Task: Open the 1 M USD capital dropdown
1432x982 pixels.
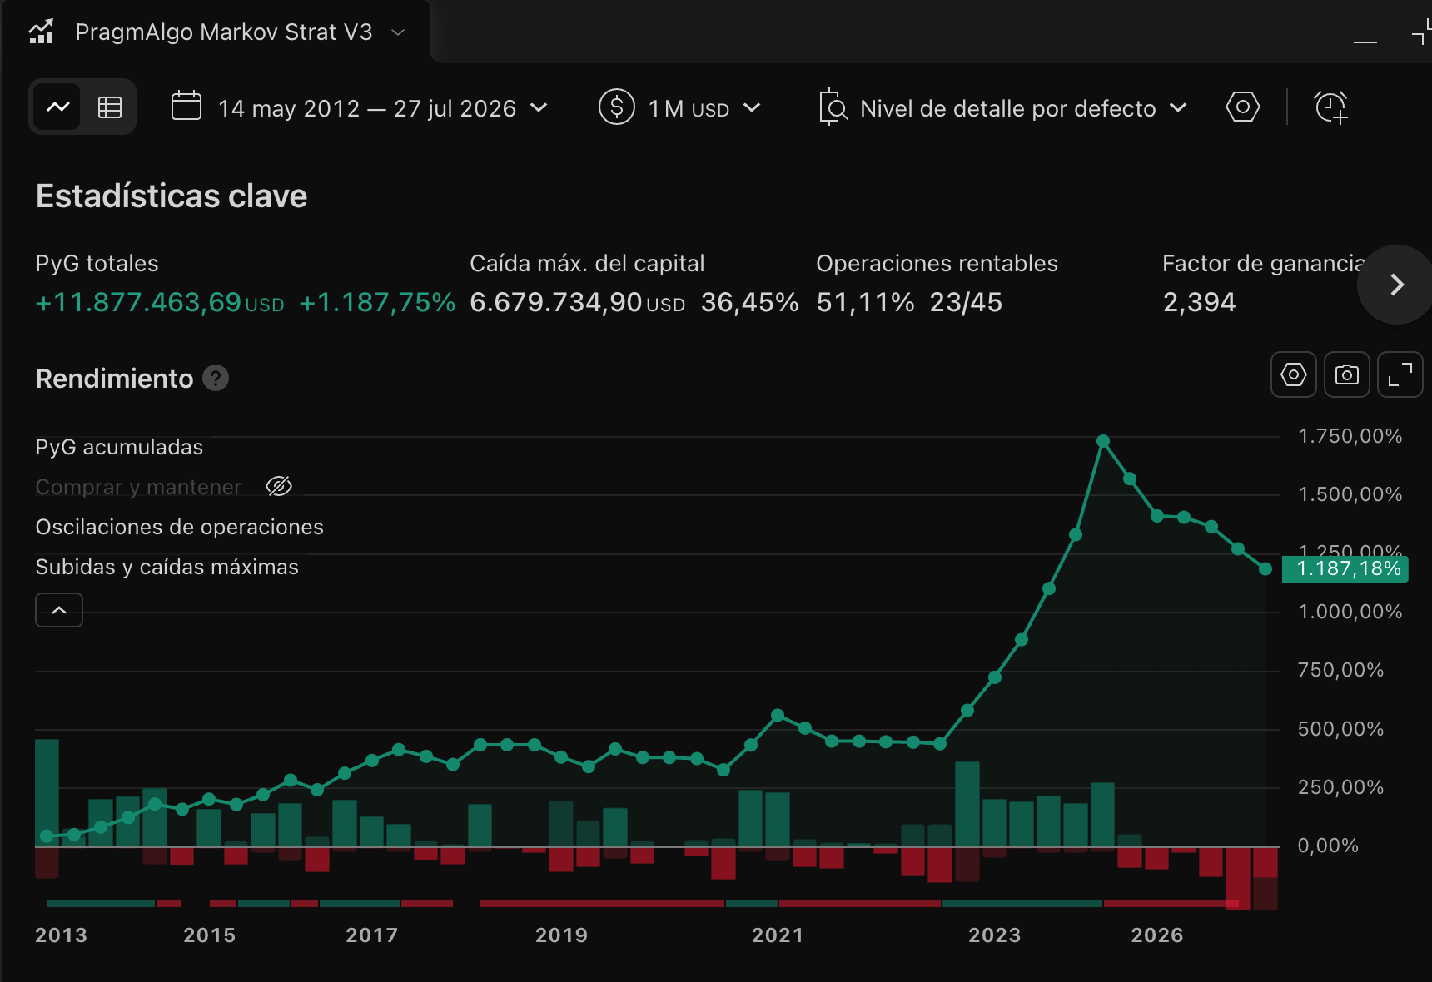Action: pos(679,108)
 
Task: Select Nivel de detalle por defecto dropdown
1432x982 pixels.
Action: pos(1003,108)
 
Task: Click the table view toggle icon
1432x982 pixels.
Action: pos(110,107)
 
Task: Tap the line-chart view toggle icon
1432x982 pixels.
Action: pos(58,107)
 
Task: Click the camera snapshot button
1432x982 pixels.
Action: pos(1346,374)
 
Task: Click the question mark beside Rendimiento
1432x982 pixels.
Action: pos(216,379)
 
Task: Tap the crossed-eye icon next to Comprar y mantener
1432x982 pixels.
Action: pos(279,486)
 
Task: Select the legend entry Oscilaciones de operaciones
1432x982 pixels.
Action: pos(179,527)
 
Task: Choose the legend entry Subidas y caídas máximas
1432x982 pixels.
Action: pos(167,567)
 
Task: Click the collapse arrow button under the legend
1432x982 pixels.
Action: pos(59,610)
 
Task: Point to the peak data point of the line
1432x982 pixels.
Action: pos(1103,441)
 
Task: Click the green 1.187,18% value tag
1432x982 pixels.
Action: pos(1345,569)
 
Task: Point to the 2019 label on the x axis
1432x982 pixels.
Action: pos(561,935)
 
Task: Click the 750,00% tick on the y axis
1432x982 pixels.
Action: pos(1340,671)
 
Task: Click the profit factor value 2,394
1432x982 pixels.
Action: pos(1199,302)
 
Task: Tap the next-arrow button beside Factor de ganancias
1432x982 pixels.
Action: pos(1397,285)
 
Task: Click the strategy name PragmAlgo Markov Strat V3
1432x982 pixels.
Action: pos(224,32)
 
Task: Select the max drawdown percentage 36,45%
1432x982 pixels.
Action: pos(749,302)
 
